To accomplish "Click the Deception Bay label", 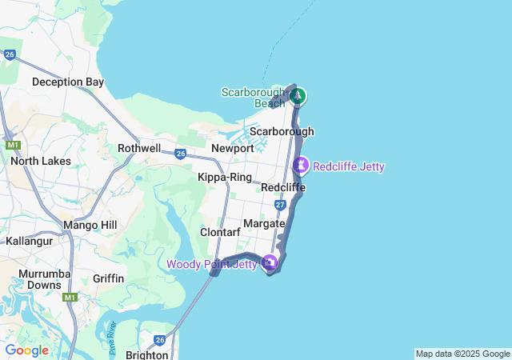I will click(68, 82).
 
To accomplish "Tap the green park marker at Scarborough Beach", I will click(298, 97).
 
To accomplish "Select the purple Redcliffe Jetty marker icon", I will click(301, 166).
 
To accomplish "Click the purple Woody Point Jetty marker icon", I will click(270, 262).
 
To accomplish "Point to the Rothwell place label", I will click(139, 148).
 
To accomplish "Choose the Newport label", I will click(233, 148).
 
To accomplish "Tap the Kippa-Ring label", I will click(225, 177).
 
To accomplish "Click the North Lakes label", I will click(41, 161).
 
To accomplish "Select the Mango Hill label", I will click(90, 226).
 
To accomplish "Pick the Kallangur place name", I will click(29, 241).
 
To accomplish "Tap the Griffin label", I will click(109, 278).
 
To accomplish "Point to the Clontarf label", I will click(220, 232).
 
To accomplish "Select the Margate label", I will click(264, 223).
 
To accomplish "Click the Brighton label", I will click(146, 354).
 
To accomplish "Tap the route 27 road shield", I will click(280, 205).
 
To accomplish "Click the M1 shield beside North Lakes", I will click(13, 146).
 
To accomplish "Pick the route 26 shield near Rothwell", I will click(181, 153).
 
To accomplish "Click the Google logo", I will click(26, 350).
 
